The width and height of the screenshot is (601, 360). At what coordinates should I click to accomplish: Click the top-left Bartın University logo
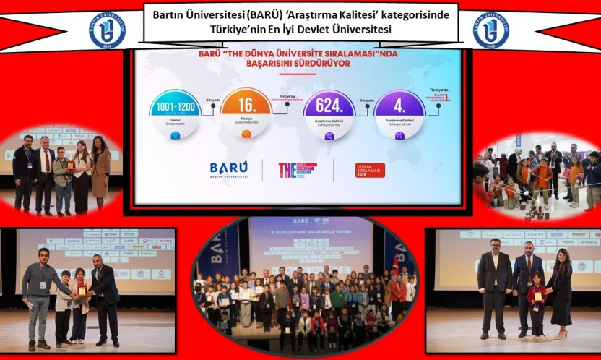click(x=107, y=30)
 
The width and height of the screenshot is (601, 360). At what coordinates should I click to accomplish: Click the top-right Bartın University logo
click(x=491, y=30)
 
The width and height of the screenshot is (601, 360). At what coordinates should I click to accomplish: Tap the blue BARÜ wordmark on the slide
click(x=228, y=167)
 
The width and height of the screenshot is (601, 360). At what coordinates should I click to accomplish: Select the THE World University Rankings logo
click(x=297, y=170)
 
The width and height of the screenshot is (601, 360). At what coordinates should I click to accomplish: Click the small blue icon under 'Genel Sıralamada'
click(x=175, y=134)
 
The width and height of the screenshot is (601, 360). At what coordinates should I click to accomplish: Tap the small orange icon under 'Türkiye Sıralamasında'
click(x=246, y=134)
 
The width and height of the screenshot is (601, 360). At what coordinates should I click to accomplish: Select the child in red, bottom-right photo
click(x=536, y=307)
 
